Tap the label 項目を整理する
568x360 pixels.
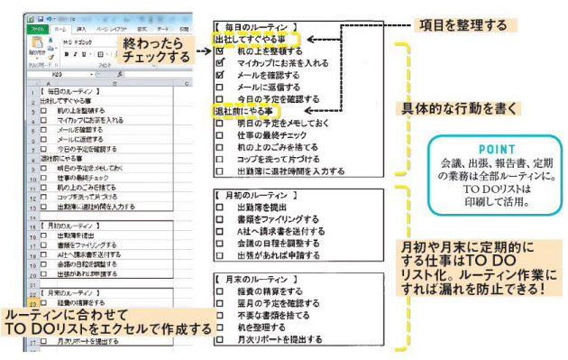point(463,24)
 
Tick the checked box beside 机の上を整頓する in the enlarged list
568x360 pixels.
point(220,52)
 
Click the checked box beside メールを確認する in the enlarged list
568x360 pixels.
point(220,76)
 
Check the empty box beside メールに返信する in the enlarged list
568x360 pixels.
point(220,88)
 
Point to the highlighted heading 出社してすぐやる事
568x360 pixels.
point(256,40)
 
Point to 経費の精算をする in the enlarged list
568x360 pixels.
point(270,292)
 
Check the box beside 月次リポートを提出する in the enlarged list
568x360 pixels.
point(220,341)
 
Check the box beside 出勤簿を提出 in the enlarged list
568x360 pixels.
point(220,207)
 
